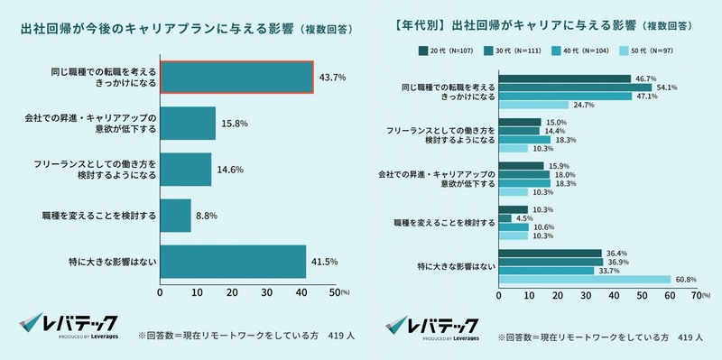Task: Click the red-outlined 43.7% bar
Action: point(236,77)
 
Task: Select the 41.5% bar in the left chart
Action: point(233,263)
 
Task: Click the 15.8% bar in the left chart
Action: point(188,124)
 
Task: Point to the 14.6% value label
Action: point(229,169)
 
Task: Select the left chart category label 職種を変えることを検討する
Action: point(98,216)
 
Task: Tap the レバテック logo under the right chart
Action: point(432,326)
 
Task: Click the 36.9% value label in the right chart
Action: point(616,262)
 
